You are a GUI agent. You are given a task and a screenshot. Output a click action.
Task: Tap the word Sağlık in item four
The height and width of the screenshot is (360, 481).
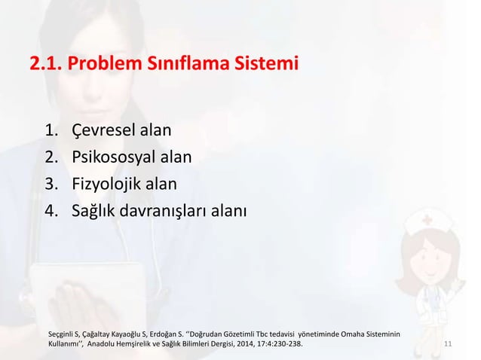(96, 208)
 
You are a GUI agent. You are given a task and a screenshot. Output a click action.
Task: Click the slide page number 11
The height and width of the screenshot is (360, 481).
(448, 344)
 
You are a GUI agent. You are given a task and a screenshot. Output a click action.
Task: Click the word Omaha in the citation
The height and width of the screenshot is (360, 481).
(356, 332)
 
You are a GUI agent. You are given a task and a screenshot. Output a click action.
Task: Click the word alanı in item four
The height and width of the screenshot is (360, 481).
(227, 208)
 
